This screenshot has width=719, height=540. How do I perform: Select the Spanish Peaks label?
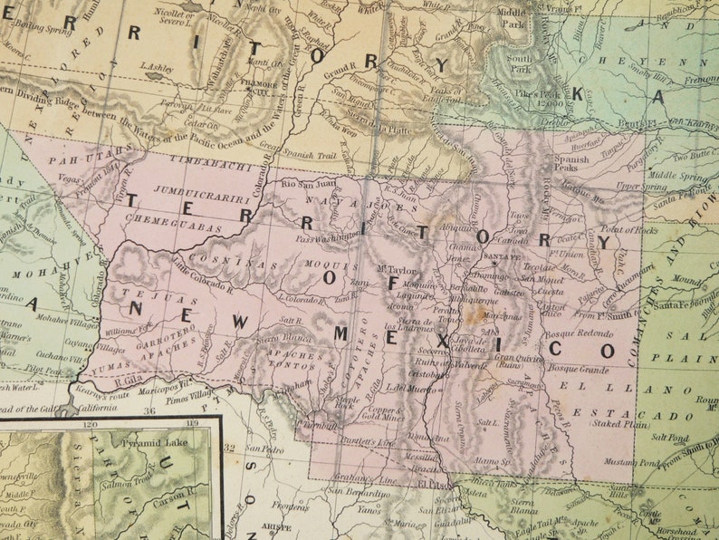click(x=570, y=164)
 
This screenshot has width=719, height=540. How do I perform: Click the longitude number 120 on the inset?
click(x=89, y=423)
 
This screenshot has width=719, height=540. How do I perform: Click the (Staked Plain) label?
click(x=623, y=422)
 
